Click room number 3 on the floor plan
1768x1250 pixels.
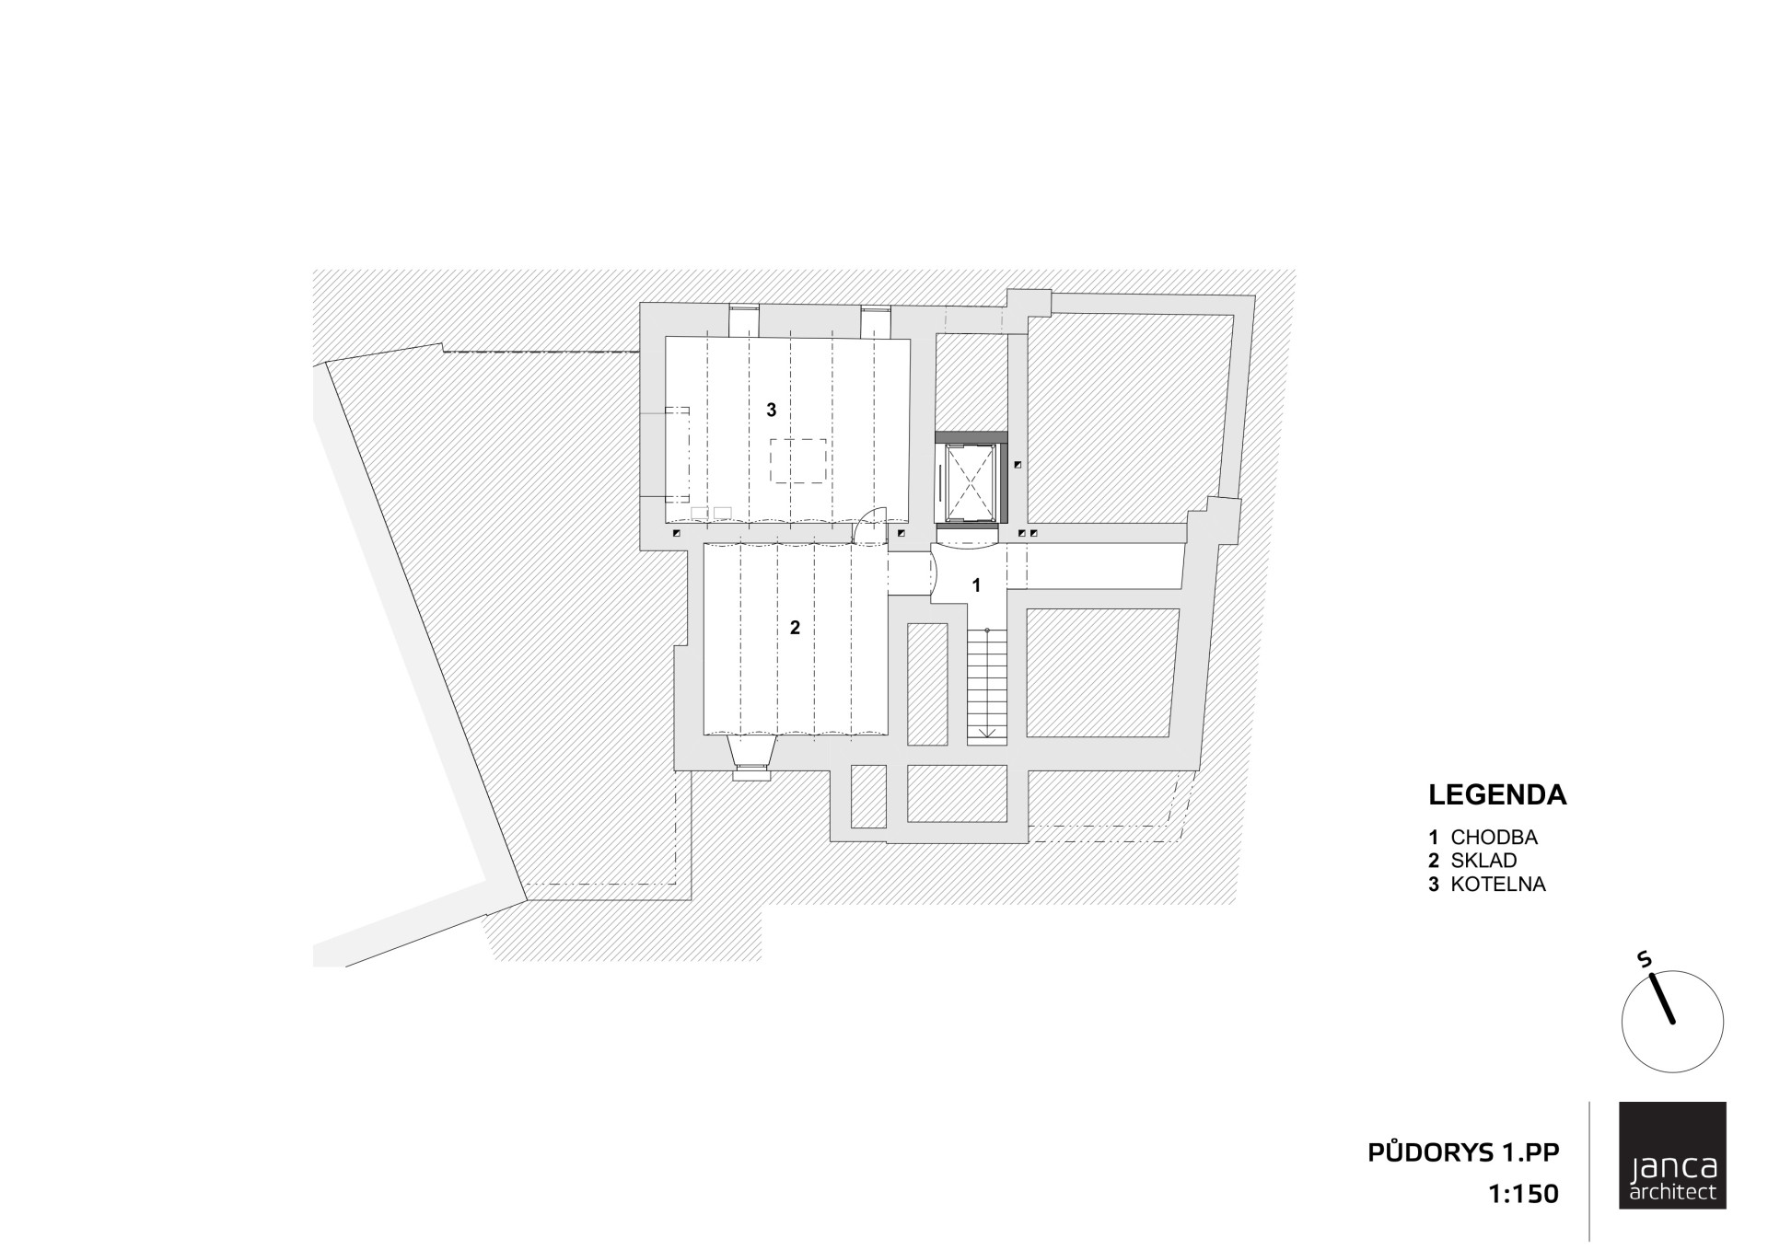click(772, 410)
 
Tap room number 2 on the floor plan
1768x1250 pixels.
click(795, 628)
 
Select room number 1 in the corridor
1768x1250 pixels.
click(976, 585)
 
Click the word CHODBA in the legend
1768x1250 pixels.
click(1495, 838)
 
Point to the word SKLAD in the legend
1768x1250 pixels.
click(1483, 861)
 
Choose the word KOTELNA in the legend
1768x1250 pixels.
click(1498, 885)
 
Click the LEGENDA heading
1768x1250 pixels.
click(1497, 795)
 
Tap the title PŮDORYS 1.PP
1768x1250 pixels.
click(1463, 1152)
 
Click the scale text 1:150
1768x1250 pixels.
click(1523, 1195)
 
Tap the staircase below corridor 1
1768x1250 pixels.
click(986, 684)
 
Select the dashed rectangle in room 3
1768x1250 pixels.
click(797, 461)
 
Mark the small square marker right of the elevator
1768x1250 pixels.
click(1018, 466)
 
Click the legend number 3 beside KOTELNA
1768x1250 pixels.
click(1433, 885)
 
